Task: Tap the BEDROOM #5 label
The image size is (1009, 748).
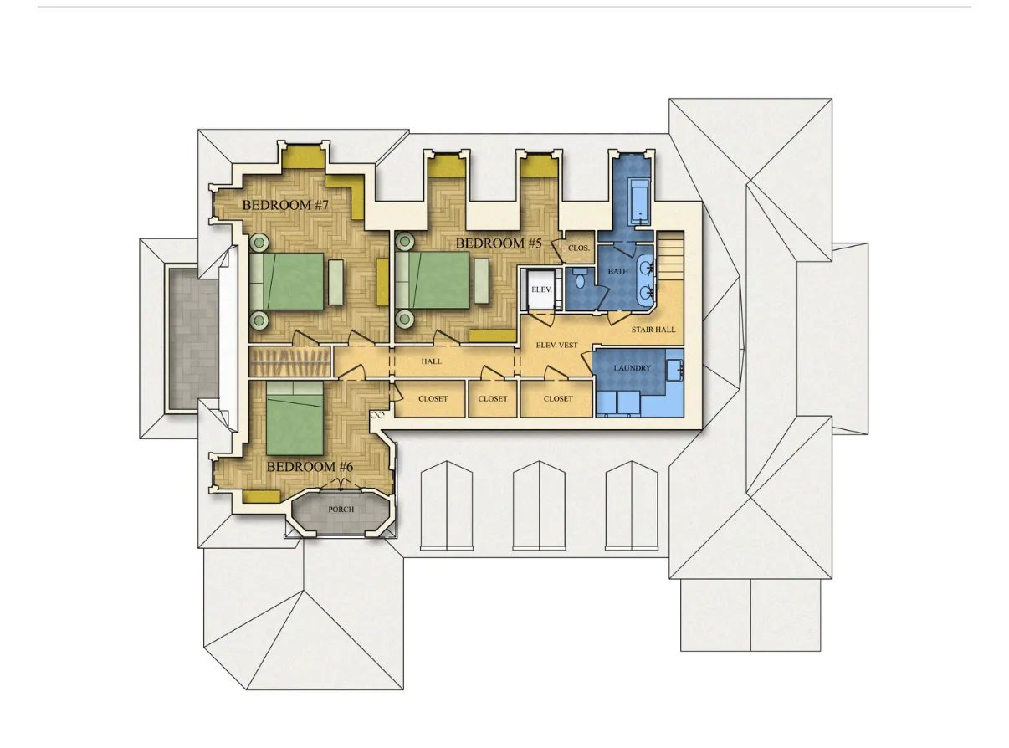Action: tap(499, 243)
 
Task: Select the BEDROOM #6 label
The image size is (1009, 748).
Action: tap(310, 466)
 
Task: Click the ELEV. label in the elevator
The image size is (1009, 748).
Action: tap(542, 290)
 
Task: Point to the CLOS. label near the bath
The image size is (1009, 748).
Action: tap(579, 248)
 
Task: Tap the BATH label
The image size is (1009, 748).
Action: tap(618, 272)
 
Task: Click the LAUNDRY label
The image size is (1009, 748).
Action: tap(632, 368)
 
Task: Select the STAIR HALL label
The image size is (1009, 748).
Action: tap(653, 330)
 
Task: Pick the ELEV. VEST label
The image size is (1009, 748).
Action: tap(556, 346)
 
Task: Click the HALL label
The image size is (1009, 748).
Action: tap(432, 361)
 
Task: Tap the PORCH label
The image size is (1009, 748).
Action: tap(341, 510)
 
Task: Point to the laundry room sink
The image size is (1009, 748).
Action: tap(675, 369)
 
